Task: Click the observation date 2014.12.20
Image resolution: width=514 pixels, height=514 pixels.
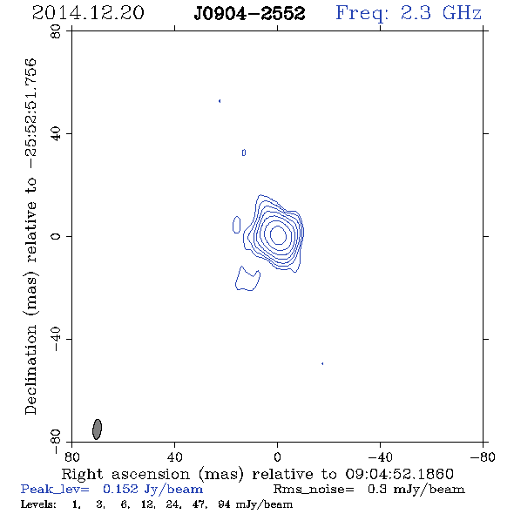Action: pyautogui.click(x=88, y=13)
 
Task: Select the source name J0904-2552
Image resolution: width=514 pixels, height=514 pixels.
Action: pyautogui.click(x=249, y=14)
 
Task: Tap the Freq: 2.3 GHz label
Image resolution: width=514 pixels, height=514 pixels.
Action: pyautogui.click(x=409, y=14)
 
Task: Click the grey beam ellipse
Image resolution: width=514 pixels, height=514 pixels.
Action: pyautogui.click(x=97, y=429)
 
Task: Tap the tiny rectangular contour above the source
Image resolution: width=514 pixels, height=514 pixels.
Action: pyautogui.click(x=244, y=152)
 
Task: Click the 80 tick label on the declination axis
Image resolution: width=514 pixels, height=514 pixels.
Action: pyautogui.click(x=56, y=31)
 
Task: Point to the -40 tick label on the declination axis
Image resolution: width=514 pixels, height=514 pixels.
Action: pyautogui.click(x=56, y=339)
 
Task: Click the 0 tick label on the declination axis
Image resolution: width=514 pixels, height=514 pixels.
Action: pyautogui.click(x=56, y=236)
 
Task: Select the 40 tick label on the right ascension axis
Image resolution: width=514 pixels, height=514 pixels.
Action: pyautogui.click(x=174, y=457)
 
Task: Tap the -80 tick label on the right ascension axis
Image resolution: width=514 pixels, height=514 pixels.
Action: pyautogui.click(x=483, y=457)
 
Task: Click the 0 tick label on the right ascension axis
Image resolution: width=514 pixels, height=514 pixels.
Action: pyautogui.click(x=277, y=457)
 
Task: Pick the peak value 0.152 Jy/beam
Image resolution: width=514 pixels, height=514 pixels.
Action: pyautogui.click(x=152, y=489)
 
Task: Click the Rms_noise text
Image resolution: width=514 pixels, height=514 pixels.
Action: pyautogui.click(x=314, y=490)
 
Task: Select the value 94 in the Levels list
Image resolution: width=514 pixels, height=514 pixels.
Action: pyautogui.click(x=224, y=504)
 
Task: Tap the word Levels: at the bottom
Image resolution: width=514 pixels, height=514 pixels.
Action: pyautogui.click(x=38, y=504)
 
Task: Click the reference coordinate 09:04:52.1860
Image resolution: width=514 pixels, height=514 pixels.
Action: pyautogui.click(x=399, y=474)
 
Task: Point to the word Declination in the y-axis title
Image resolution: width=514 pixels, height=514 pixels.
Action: pyautogui.click(x=30, y=369)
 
